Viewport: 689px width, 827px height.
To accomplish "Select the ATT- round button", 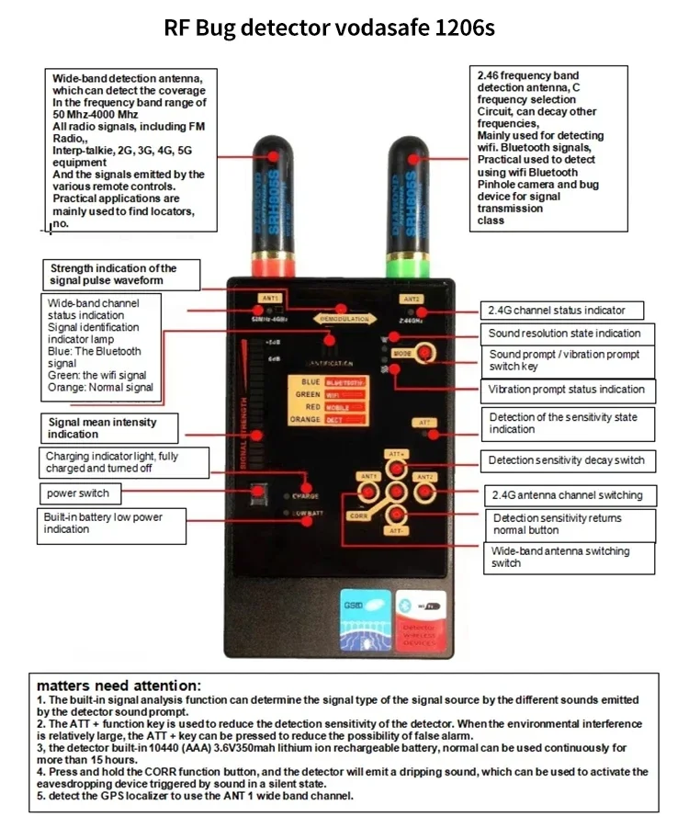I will click(x=397, y=515).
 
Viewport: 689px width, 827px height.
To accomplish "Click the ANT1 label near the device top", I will click(x=270, y=299).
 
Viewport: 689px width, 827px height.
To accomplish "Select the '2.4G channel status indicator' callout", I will click(x=562, y=310).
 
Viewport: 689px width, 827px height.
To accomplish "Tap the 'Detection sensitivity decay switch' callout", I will click(x=566, y=460).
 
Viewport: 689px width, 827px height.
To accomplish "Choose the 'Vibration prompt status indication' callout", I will click(x=566, y=390).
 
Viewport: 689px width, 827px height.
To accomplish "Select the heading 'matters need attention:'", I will click(x=118, y=685).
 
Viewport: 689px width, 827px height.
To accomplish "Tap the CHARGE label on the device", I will click(x=305, y=496).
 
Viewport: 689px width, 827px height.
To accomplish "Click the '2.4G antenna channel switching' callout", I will click(x=567, y=495).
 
